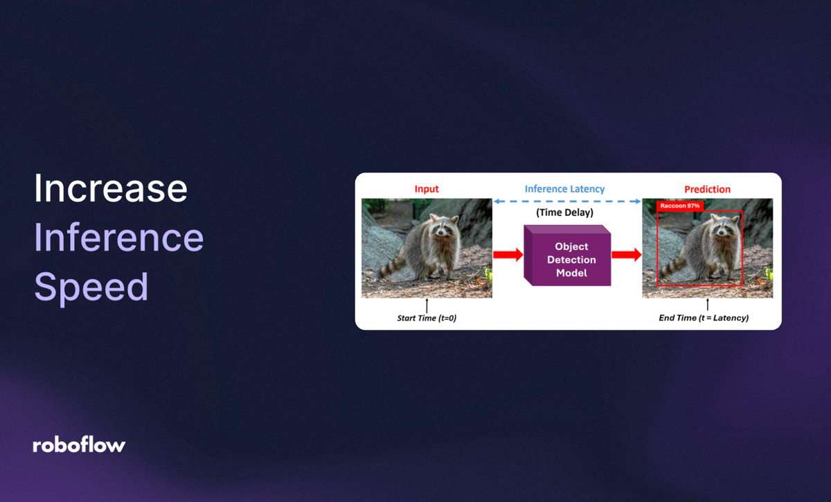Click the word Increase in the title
click(111, 188)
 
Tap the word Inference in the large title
click(118, 237)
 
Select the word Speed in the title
click(91, 287)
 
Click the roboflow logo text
click(79, 445)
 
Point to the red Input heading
click(427, 189)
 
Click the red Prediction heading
click(707, 189)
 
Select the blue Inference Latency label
click(564, 189)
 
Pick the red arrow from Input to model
click(508, 255)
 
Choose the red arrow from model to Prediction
click(627, 255)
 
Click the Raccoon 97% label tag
click(680, 206)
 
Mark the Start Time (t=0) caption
click(427, 318)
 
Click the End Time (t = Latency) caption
click(704, 318)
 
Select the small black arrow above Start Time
click(427, 305)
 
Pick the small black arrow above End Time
click(707, 305)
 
